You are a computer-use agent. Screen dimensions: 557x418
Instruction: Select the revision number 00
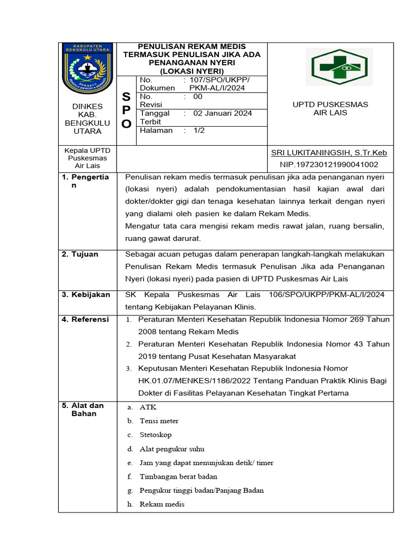(198, 96)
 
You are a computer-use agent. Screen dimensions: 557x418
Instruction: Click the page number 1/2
(200, 131)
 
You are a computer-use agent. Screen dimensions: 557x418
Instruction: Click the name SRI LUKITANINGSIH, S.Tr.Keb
(329, 153)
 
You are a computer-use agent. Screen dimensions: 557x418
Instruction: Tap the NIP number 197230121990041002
(329, 164)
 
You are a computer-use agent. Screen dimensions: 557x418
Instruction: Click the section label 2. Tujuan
(79, 255)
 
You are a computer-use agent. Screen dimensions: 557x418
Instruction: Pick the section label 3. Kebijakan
(85, 295)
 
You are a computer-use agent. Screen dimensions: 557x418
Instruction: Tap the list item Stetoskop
(155, 435)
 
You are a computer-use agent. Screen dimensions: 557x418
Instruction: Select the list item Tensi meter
(159, 421)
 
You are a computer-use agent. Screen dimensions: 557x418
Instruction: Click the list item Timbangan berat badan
(178, 476)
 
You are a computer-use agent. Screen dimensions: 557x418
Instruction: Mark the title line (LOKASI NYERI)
(192, 71)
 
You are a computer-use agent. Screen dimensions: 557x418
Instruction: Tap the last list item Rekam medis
(162, 504)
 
